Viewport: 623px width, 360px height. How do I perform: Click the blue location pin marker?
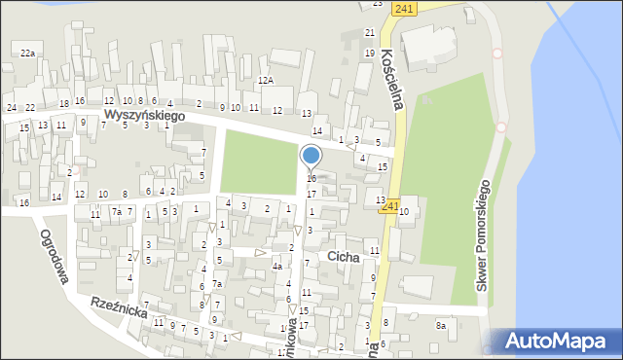pyautogui.click(x=311, y=156)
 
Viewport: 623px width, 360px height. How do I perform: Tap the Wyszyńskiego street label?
pyautogui.click(x=145, y=115)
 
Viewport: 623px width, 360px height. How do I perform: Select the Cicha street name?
pyautogui.click(x=344, y=257)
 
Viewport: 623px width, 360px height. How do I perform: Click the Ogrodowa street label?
pyautogui.click(x=55, y=257)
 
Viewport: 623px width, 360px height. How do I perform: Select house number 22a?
pyautogui.click(x=28, y=54)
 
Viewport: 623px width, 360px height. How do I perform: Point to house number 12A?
pyautogui.click(x=266, y=81)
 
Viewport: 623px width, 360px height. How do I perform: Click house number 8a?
pyautogui.click(x=441, y=326)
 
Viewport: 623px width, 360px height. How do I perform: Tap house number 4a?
pyautogui.click(x=277, y=267)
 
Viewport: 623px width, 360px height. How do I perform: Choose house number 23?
pyautogui.click(x=378, y=4)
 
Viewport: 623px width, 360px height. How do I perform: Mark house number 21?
pyautogui.click(x=370, y=33)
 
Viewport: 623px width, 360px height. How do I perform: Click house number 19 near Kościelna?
pyautogui.click(x=370, y=53)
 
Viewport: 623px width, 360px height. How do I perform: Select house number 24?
pyautogui.click(x=12, y=107)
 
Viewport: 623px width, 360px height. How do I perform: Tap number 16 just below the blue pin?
pyautogui.click(x=311, y=179)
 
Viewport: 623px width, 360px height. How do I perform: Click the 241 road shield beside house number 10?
pyautogui.click(x=390, y=206)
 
